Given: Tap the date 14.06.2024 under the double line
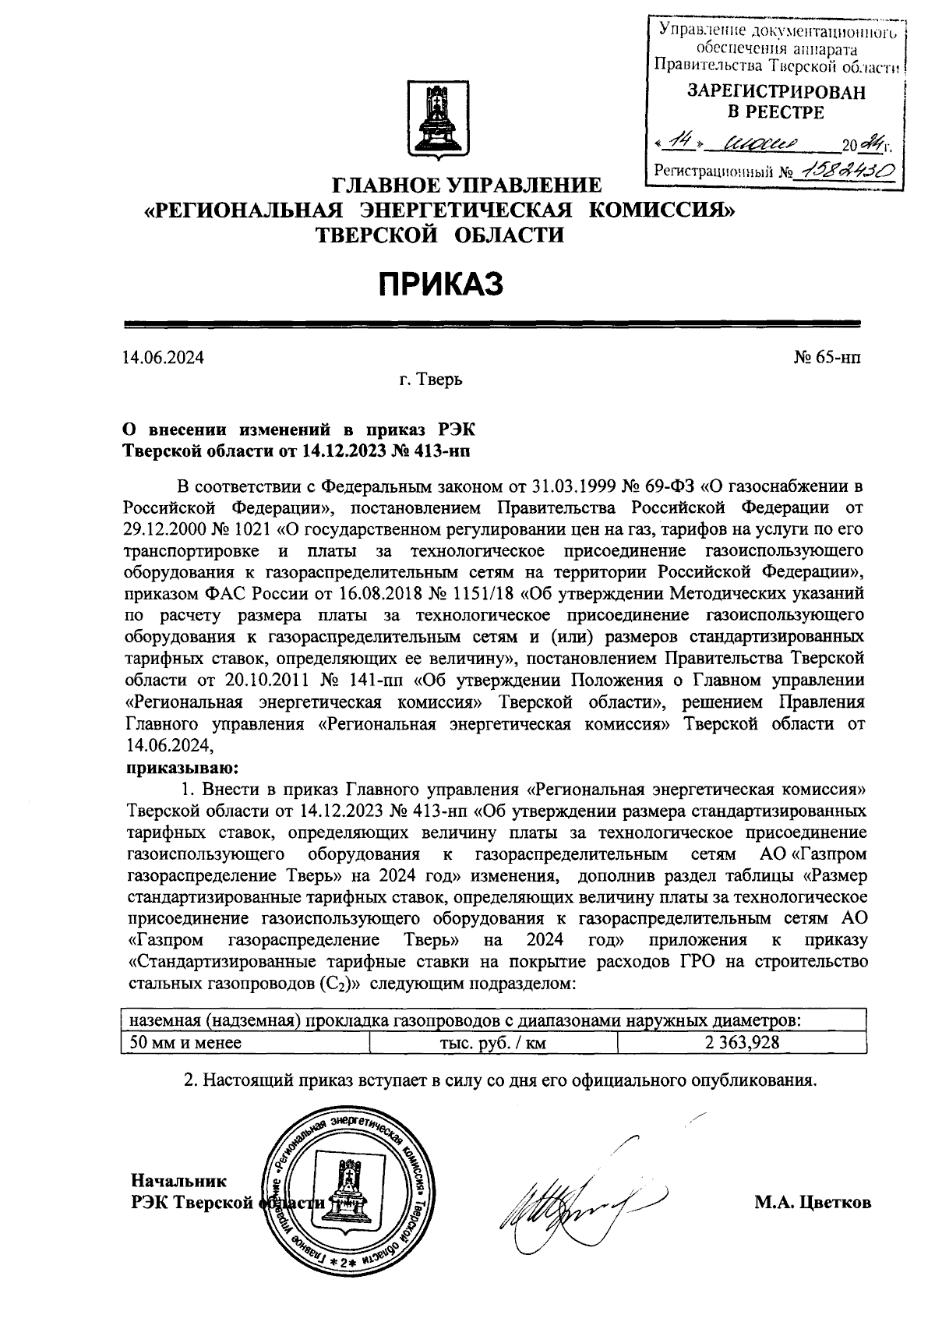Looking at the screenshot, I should [x=163, y=358].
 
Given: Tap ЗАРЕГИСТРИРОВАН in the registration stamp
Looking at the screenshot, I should [x=775, y=92].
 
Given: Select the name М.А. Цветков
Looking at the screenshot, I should [x=813, y=1203].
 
